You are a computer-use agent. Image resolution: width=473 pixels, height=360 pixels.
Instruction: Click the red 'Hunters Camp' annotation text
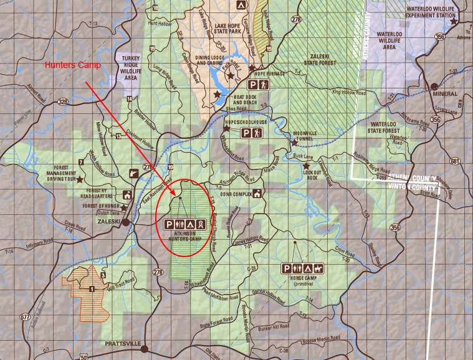(x=73, y=65)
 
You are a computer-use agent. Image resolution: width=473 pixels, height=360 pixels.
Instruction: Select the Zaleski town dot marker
(x=125, y=221)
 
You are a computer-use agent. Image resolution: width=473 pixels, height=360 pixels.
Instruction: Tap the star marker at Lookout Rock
(x=306, y=166)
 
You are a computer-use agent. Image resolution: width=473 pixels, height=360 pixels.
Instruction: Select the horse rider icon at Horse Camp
(x=318, y=268)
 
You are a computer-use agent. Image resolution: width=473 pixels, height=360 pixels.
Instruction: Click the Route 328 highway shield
(x=62, y=102)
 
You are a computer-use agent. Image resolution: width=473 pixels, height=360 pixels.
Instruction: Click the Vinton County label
(x=411, y=186)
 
